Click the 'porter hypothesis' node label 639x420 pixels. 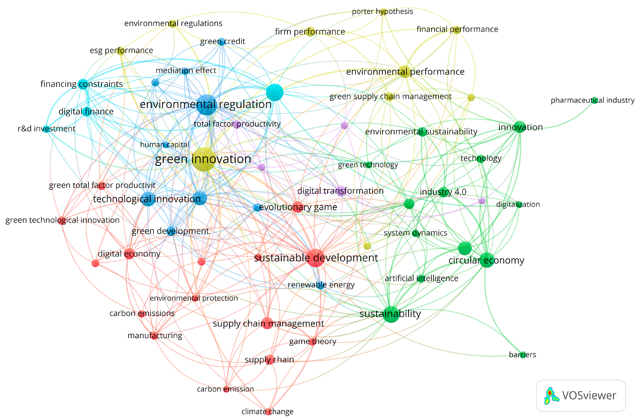[382, 12]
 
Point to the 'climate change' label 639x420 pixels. [267, 411]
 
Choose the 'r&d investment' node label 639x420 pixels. [46, 129]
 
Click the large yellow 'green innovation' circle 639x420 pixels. [204, 159]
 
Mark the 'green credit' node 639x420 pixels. [222, 42]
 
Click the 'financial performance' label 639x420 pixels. [457, 29]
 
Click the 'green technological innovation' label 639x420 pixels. [62, 220]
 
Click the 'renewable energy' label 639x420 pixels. [321, 285]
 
